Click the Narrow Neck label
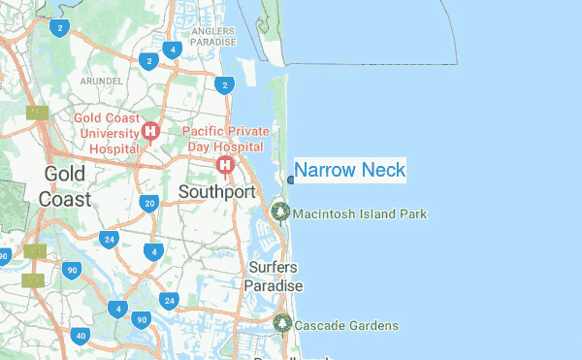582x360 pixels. [349, 170]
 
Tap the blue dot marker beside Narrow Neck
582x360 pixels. [291, 180]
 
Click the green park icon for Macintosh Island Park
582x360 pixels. [281, 212]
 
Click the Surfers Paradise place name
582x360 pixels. [273, 277]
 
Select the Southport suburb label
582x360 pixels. [216, 192]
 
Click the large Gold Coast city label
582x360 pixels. [65, 186]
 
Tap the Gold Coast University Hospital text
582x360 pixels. [109, 133]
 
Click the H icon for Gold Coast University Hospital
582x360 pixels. [150, 131]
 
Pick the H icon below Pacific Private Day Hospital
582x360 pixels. [226, 166]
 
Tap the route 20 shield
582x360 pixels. [148, 203]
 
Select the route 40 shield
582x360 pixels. [81, 336]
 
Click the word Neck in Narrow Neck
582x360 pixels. [382, 170]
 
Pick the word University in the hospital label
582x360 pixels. [109, 133]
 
